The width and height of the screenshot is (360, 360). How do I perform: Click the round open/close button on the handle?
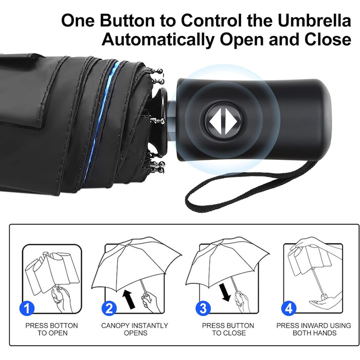pyautogui.click(x=223, y=121)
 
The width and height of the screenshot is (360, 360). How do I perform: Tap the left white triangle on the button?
pyautogui.click(x=215, y=121)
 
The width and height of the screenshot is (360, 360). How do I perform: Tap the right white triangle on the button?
pyautogui.click(x=230, y=121)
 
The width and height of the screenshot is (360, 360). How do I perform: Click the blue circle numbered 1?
pyautogui.click(x=27, y=309)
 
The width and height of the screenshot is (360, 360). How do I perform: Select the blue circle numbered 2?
pyautogui.click(x=109, y=309)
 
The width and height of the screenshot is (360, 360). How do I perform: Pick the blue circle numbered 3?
pyautogui.click(x=203, y=309)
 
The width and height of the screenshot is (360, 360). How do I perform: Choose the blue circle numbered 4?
pyautogui.click(x=289, y=309)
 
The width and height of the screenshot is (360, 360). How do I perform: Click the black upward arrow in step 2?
pyautogui.click(x=129, y=299)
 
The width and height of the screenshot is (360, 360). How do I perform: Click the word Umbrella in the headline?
pyautogui.click(x=314, y=21)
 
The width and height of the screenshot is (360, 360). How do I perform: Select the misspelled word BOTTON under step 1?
pyautogui.click(x=64, y=326)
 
